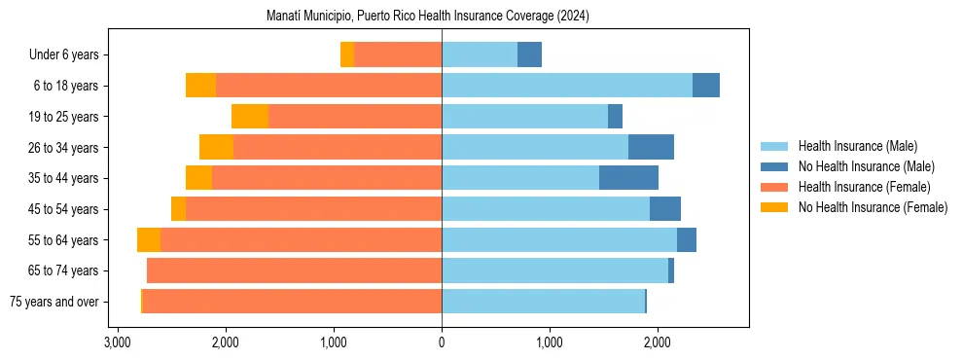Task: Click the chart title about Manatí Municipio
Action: [x=428, y=17]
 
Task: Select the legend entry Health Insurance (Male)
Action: [x=856, y=146]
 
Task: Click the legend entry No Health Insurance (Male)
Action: [x=866, y=166]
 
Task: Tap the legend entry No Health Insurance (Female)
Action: [x=873, y=207]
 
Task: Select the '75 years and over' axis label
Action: [x=53, y=302]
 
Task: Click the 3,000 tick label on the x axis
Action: [x=118, y=342]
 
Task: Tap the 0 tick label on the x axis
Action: [x=442, y=342]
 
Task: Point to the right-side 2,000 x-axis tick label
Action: [x=657, y=342]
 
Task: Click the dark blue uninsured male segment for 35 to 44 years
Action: [x=628, y=178]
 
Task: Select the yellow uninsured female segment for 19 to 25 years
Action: [x=250, y=117]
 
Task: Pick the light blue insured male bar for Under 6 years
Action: [x=480, y=55]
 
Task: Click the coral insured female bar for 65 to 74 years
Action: [x=294, y=270]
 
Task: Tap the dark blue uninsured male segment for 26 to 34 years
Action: [x=651, y=148]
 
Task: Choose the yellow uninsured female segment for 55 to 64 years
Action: [x=149, y=240]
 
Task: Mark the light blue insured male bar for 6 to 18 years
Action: [x=567, y=86]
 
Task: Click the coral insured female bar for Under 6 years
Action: [x=398, y=55]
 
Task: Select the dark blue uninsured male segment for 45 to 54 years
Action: [x=665, y=209]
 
